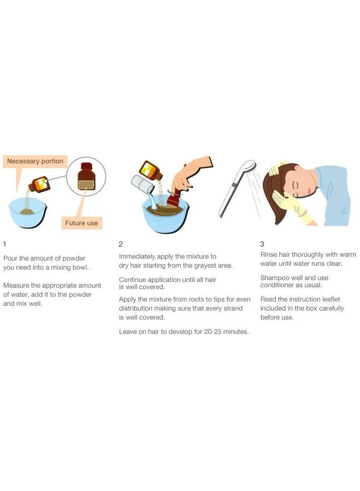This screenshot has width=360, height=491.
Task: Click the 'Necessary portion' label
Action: pos(35,161)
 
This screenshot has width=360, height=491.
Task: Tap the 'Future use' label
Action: pos(81,223)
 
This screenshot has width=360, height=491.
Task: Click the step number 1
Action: pos(4,244)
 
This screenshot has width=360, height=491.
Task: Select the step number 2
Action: pos(121,244)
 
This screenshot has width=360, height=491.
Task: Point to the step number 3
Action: pos(262,244)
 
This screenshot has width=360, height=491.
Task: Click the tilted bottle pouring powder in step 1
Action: pos(40,184)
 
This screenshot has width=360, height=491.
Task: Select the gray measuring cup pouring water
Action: pos(143,184)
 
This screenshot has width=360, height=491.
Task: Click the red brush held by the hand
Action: pos(173,197)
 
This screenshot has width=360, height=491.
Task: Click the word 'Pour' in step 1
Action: pos(10,258)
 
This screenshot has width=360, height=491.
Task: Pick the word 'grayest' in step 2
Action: pos(205,266)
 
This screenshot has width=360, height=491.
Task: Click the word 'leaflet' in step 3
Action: pos(329,300)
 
